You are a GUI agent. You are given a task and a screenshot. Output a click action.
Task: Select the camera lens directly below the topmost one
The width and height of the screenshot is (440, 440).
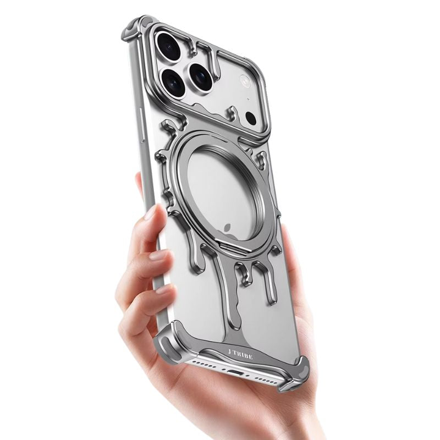click(x=173, y=82)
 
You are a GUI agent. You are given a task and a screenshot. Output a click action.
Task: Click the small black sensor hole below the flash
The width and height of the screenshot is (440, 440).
click(x=251, y=118)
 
